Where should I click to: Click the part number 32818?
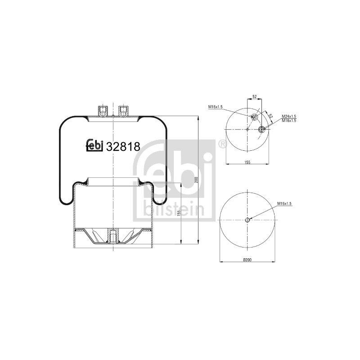click(x=123, y=146)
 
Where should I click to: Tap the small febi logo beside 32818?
click(x=94, y=145)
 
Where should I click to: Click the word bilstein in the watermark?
click(x=174, y=209)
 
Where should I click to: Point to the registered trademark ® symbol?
click(x=222, y=144)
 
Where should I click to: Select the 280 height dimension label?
click(x=196, y=180)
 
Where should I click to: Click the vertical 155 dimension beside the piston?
click(x=179, y=213)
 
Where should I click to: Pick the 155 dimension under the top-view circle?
click(x=247, y=162)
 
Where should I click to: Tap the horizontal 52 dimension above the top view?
click(x=254, y=97)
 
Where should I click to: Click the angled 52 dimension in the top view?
click(x=270, y=116)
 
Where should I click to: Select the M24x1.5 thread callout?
click(x=289, y=117)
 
